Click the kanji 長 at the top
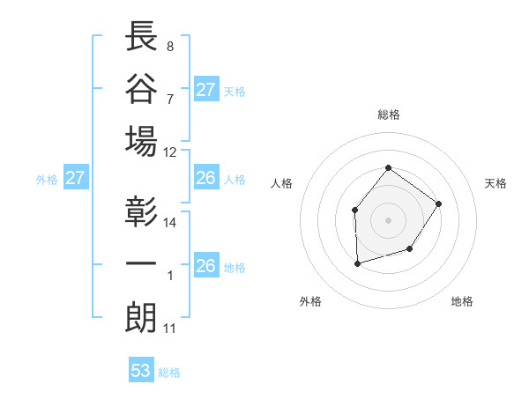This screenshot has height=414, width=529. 142,36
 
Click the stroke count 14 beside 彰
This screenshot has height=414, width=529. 170,223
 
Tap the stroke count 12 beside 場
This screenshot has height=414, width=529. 170,152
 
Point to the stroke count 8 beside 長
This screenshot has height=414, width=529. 169,46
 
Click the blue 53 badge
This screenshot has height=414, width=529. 141,371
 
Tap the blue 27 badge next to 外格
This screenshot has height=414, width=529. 75,179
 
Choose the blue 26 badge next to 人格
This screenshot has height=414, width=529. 205,179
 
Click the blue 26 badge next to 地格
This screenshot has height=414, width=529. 205,266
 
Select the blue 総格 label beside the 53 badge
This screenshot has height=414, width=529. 169,373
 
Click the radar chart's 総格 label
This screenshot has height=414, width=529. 388,115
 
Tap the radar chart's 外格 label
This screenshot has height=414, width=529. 310,301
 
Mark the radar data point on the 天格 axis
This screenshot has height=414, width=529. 439,204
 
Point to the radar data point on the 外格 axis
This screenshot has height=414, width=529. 357,263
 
